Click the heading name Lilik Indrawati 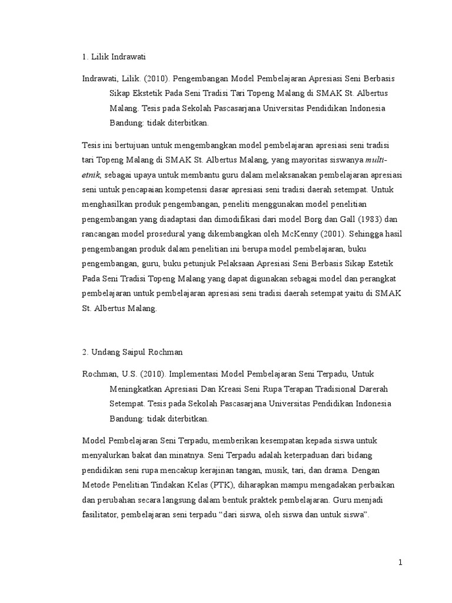tap(118, 57)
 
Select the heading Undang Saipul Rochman tap(137, 352)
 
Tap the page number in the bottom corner tap(400, 562)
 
